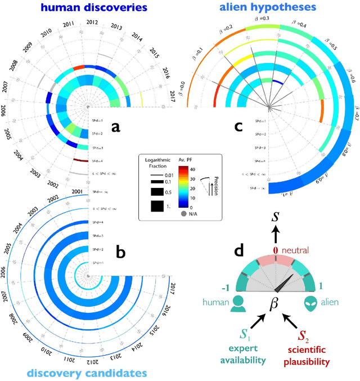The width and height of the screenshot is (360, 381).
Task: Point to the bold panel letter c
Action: (238, 127)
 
